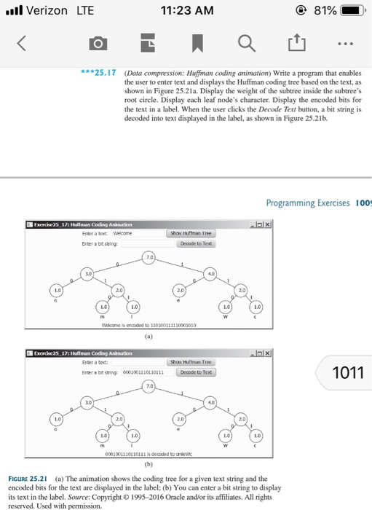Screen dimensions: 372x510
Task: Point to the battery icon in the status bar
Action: (x=353, y=11)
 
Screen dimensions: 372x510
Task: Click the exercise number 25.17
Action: (x=101, y=74)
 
